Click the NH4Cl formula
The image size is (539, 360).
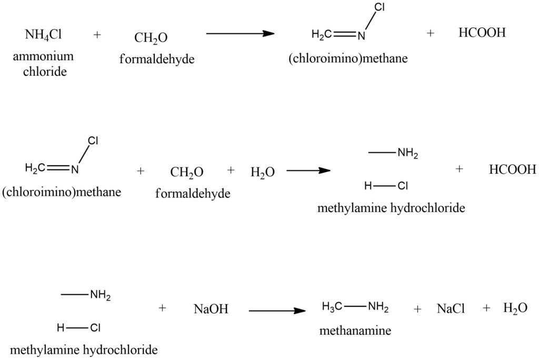click(43, 35)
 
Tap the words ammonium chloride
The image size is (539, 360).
click(43, 64)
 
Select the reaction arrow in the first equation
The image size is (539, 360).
click(240, 33)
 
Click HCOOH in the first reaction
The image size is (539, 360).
click(482, 33)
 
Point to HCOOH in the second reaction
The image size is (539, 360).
click(513, 169)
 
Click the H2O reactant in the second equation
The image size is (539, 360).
click(263, 172)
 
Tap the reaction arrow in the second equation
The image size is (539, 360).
click(308, 170)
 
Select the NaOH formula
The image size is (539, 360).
click(211, 309)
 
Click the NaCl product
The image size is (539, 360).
click(451, 309)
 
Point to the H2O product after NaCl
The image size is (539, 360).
click(515, 308)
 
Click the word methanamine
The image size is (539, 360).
click(355, 331)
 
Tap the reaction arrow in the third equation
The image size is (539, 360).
click(277, 311)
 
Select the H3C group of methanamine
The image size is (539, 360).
click(332, 306)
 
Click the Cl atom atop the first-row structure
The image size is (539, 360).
click(380, 7)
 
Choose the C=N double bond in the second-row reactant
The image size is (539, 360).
click(58, 168)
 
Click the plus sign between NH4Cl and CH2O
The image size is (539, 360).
click(97, 35)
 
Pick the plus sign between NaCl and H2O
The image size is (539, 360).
click(486, 308)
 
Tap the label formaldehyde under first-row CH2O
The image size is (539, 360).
click(157, 59)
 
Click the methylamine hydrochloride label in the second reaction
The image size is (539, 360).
click(391, 208)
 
